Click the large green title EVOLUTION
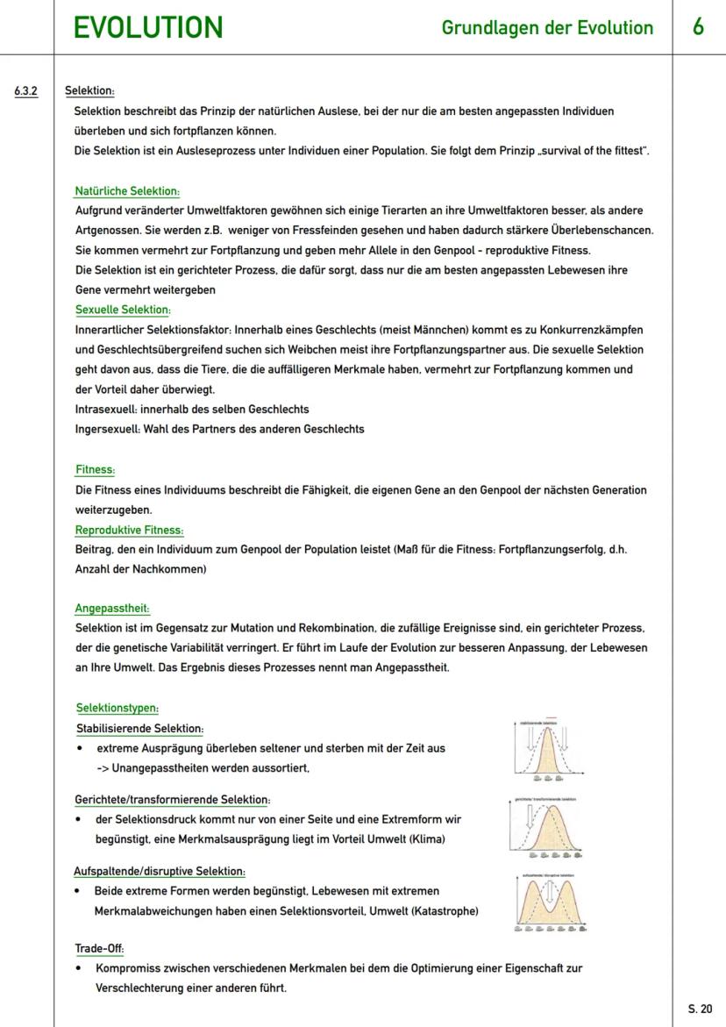pos(148,28)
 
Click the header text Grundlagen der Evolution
pos(548,28)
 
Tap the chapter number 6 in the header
pos(698,27)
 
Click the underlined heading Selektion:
pos(90,90)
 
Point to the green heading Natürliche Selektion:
pos(127,190)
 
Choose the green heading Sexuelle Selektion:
pos(123,310)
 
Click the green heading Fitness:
pos(95,469)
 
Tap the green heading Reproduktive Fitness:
pos(129,530)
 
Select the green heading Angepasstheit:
pos(112,608)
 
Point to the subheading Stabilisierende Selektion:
pos(140,728)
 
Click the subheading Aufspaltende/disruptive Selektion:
pos(160,871)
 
